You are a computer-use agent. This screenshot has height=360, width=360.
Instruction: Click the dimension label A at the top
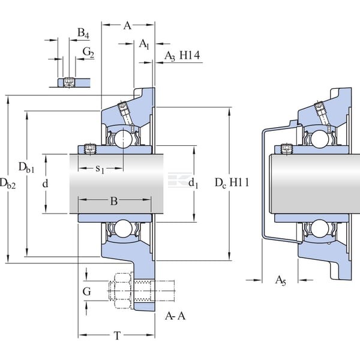127,25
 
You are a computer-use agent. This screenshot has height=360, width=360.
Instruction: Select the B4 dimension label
83,33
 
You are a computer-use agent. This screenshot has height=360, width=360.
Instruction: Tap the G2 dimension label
88,53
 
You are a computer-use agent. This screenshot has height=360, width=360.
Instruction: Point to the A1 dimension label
144,44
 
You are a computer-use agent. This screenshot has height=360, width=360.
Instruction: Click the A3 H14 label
182,56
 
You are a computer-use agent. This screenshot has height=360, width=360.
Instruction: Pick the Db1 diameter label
26,167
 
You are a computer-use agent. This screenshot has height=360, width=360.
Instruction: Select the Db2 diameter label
8,184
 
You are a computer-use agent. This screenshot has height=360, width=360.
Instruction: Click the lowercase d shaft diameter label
45,184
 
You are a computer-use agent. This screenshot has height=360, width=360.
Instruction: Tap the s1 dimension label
100,169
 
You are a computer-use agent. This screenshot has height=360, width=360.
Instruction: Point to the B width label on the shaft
114,201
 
